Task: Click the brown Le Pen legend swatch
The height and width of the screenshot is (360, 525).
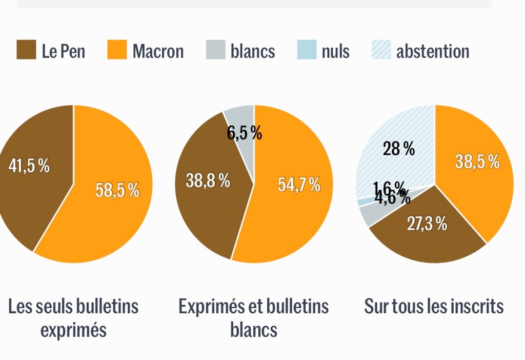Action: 26,50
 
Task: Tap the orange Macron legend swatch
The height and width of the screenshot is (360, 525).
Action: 117,50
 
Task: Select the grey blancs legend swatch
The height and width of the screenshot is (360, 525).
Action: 216,50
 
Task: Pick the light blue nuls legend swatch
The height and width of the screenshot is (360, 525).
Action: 307,50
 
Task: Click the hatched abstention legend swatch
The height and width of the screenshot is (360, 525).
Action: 380,50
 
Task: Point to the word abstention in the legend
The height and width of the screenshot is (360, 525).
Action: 432,51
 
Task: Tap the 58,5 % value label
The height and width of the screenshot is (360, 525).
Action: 117,190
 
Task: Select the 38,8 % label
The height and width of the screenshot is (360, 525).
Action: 208,181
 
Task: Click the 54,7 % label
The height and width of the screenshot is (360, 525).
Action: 299,185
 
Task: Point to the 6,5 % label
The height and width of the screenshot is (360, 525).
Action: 245,133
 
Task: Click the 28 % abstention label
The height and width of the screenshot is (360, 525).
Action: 399,149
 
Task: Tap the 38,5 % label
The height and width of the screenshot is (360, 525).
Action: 477,162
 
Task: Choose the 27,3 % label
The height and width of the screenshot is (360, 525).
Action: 427,224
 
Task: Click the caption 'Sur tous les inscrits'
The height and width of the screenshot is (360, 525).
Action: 434,307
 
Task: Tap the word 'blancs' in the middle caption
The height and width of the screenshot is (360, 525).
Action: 254,330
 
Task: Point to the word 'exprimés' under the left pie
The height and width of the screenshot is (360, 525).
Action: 73,330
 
